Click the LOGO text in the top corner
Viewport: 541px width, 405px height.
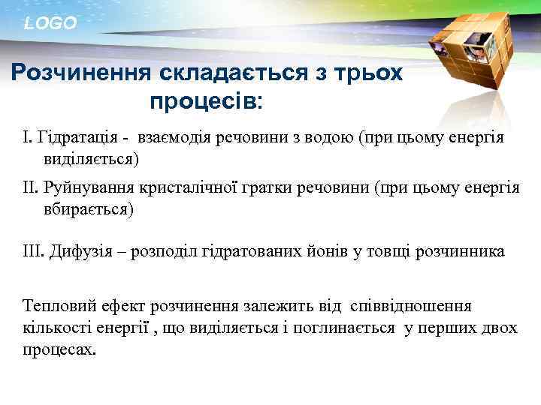(x=50, y=23)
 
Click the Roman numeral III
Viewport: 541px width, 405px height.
(x=35, y=251)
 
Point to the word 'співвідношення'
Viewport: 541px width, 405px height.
(x=410, y=306)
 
